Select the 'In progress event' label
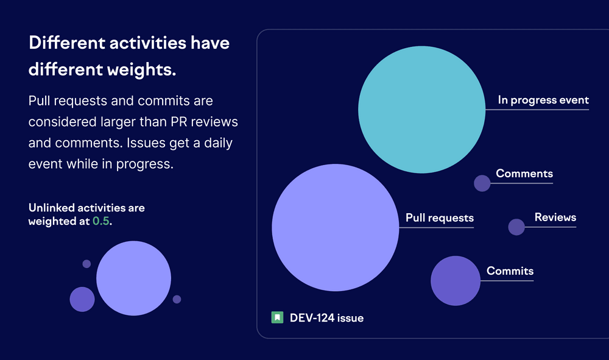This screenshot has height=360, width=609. click(x=543, y=101)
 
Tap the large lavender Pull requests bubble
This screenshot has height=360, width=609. click(x=336, y=227)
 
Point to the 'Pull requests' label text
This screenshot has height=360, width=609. click(x=439, y=218)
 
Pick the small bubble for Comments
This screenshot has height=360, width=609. click(x=482, y=183)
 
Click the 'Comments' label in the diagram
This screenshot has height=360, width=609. click(x=524, y=174)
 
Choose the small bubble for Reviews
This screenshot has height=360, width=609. click(x=516, y=227)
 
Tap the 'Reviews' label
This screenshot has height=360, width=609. click(x=555, y=217)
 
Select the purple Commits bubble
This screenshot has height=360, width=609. click(x=456, y=281)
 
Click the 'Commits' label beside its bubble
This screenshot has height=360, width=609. click(x=510, y=272)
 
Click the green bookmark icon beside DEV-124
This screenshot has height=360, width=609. click(x=277, y=317)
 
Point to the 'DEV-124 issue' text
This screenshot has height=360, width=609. click(x=326, y=318)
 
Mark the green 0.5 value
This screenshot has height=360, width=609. click(x=100, y=222)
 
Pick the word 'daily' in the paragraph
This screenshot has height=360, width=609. click(x=217, y=143)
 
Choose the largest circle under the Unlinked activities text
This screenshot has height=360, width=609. click(x=134, y=278)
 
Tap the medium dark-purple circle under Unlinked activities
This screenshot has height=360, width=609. click(x=82, y=299)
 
